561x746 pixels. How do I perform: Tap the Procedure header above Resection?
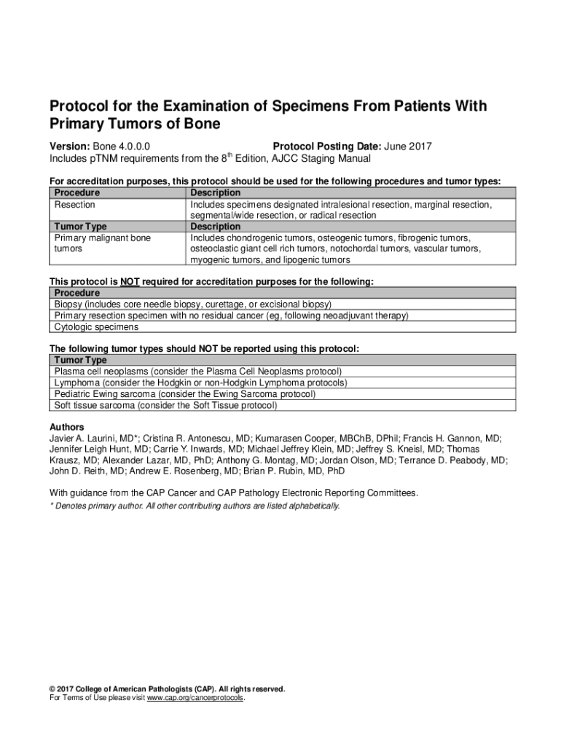pos(77,192)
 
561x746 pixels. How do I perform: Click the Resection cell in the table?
pos(75,205)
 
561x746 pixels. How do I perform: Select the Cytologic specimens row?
pos(96,327)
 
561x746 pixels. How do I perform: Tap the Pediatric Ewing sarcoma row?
pos(185,394)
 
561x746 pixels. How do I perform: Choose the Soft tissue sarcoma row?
pos(166,405)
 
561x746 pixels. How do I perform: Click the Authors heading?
pos(66,427)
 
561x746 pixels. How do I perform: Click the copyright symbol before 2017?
pos(52,689)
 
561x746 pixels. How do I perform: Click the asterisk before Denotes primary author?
pos(51,506)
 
